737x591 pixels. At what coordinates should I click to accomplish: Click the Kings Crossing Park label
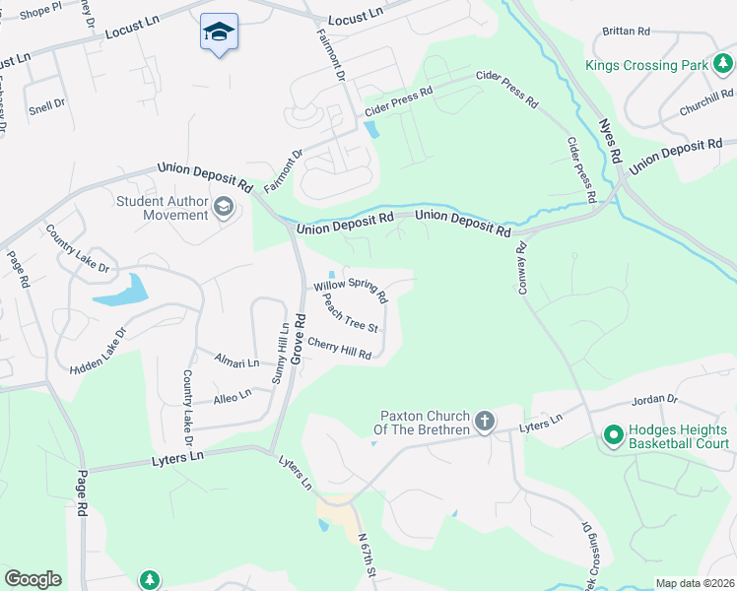pyautogui.click(x=646, y=66)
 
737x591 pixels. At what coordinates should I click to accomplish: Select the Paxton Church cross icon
pyautogui.click(x=484, y=422)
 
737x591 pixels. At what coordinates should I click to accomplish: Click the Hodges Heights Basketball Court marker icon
pyautogui.click(x=612, y=433)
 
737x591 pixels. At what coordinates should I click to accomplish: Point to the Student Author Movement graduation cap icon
pyautogui.click(x=225, y=207)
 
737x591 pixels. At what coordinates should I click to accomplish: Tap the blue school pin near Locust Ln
pyautogui.click(x=219, y=33)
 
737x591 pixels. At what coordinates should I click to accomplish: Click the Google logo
pyautogui.click(x=33, y=579)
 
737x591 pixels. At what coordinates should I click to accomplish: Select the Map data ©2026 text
pyautogui.click(x=695, y=583)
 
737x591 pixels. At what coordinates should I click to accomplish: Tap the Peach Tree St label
pyautogui.click(x=350, y=316)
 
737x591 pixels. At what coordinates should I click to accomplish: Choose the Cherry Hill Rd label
pyautogui.click(x=339, y=348)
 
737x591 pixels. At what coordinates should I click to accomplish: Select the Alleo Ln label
pyautogui.click(x=233, y=397)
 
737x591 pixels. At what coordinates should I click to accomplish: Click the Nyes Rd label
pyautogui.click(x=612, y=142)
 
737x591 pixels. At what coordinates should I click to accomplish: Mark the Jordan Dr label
pyautogui.click(x=659, y=400)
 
